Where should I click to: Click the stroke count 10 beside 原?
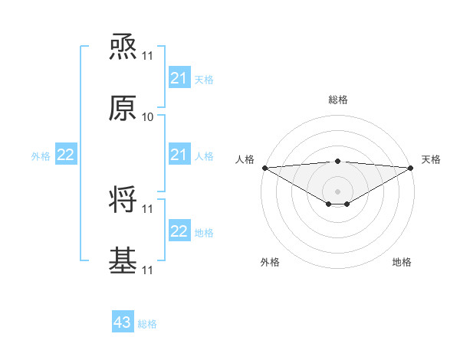click(x=148, y=117)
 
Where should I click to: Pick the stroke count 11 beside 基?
click(x=148, y=270)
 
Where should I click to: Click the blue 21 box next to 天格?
click(x=179, y=78)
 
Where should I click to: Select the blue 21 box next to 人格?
click(x=179, y=155)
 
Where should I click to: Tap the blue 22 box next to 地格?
click(x=179, y=231)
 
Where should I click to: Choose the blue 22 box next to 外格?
click(x=65, y=155)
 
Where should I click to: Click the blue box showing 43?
click(x=122, y=322)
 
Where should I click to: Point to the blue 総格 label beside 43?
click(x=147, y=324)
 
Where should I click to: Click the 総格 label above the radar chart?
click(x=337, y=100)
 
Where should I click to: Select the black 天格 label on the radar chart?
click(x=432, y=159)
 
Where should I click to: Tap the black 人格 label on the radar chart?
click(x=245, y=159)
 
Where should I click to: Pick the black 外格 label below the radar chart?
click(x=270, y=262)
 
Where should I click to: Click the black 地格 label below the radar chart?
click(x=402, y=262)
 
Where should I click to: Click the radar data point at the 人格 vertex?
click(x=264, y=167)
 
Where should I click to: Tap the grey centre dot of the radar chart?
click(x=337, y=191)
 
